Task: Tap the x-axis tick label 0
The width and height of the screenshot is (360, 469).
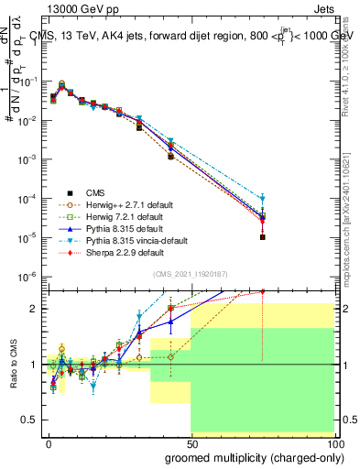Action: tap(49, 442)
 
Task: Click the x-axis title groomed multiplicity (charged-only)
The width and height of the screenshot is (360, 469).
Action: tap(250, 457)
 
